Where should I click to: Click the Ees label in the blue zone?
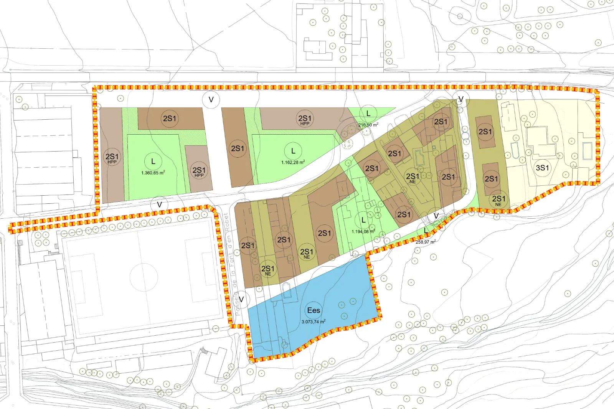[314, 310]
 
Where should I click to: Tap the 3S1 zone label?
[542, 168]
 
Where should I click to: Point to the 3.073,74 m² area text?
[314, 322]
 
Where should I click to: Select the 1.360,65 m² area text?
[153, 173]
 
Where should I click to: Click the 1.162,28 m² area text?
[293, 162]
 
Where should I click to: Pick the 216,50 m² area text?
[368, 125]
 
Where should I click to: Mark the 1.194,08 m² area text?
[363, 231]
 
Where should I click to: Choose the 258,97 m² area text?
[426, 242]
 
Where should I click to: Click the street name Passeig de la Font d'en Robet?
[231, 265]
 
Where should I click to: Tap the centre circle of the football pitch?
[144, 277]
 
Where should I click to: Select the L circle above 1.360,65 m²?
[153, 162]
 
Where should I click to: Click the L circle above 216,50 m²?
[368, 114]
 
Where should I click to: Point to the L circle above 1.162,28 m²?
[293, 151]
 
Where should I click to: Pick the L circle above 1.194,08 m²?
[363, 221]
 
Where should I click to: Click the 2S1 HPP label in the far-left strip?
[112, 158]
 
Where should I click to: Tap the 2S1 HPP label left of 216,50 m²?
[305, 119]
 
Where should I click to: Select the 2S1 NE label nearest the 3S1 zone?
[498, 200]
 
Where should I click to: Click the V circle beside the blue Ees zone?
[241, 299]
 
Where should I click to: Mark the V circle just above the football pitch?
[160, 205]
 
